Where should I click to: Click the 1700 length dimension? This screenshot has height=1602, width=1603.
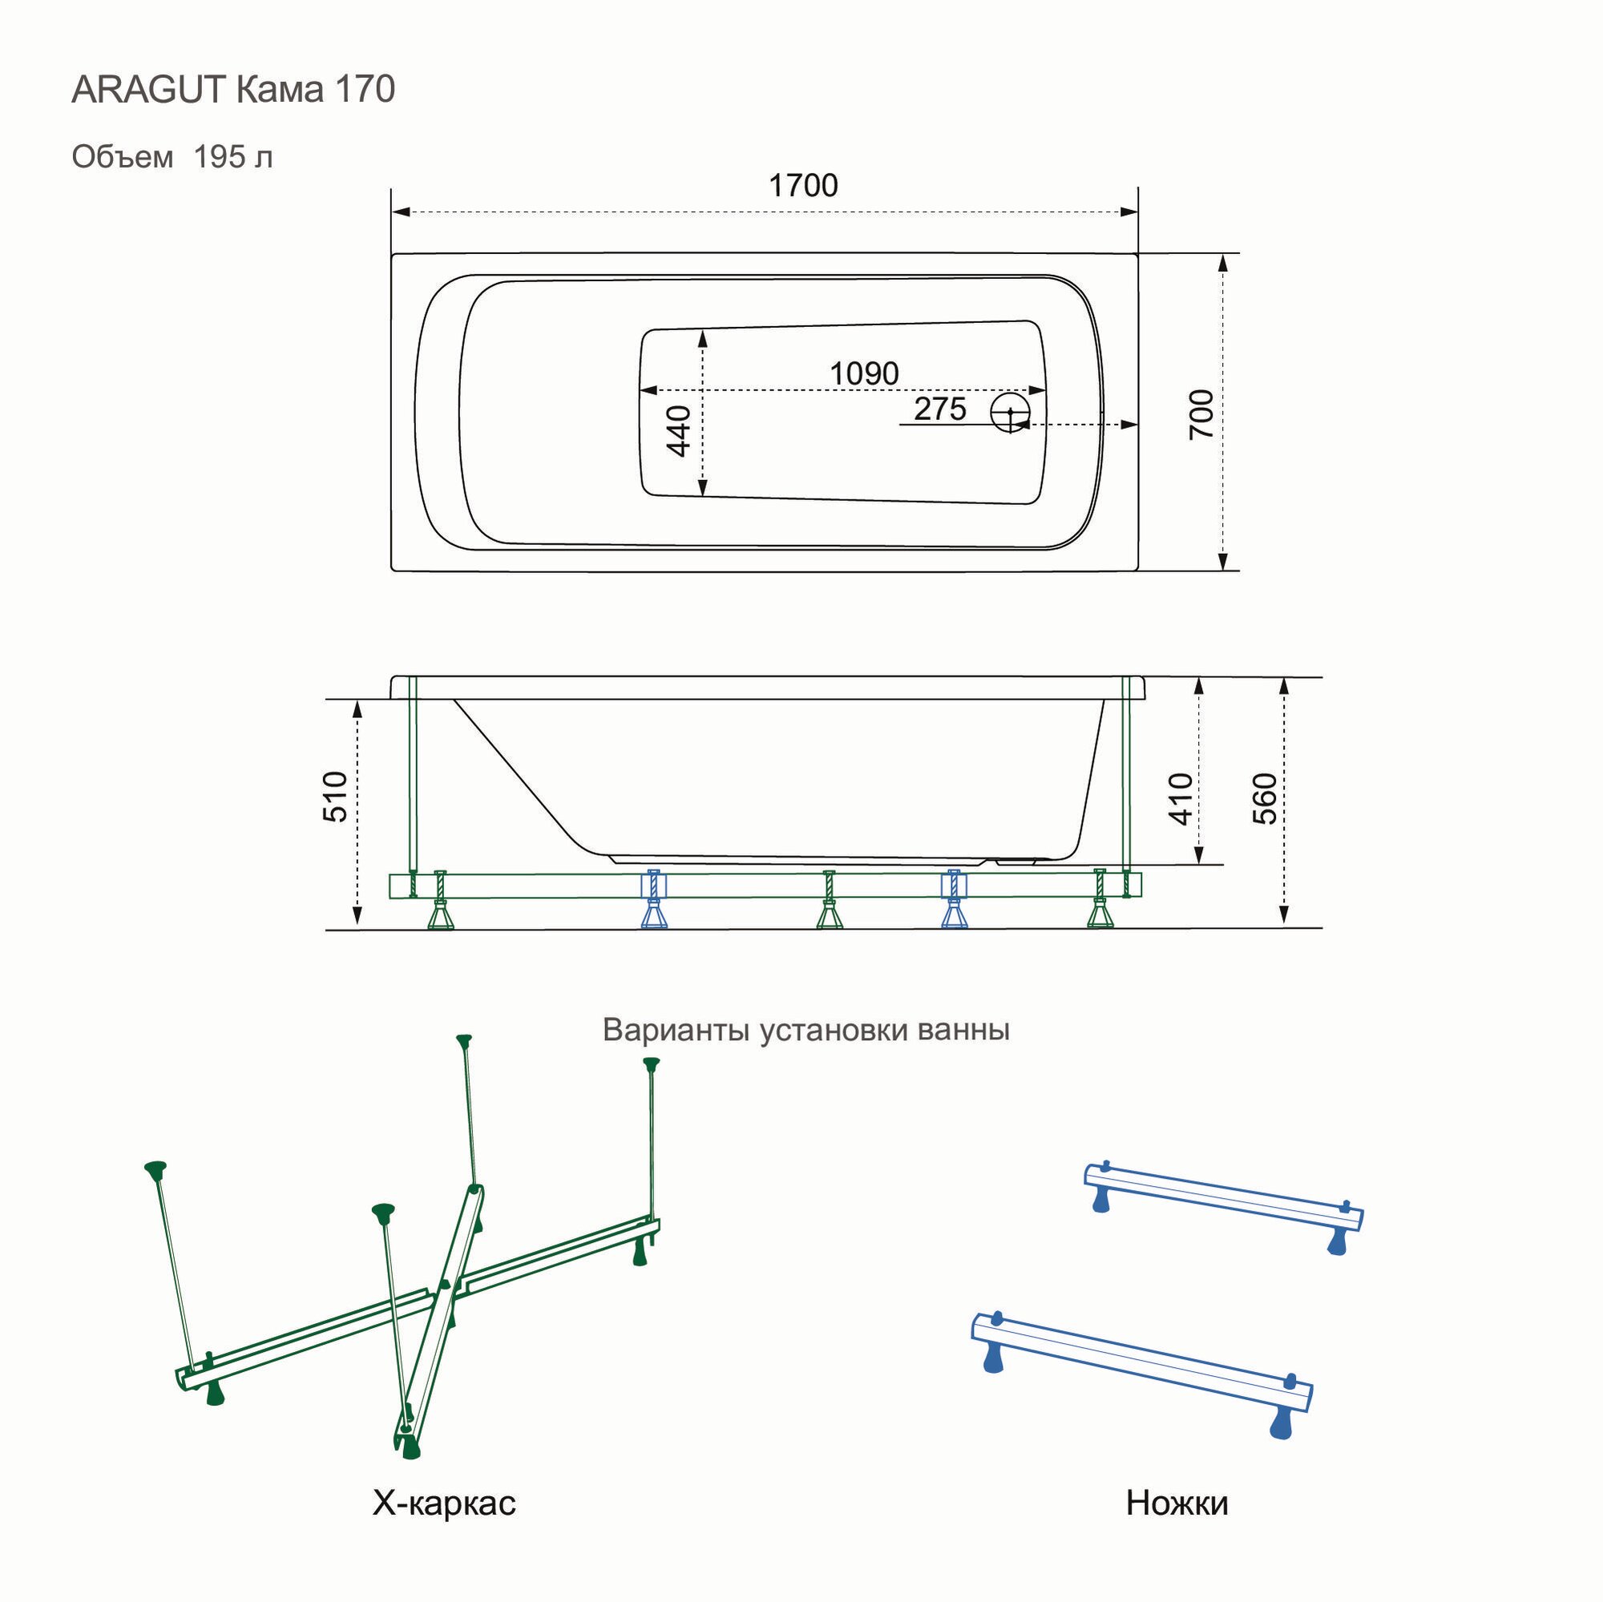click(802, 186)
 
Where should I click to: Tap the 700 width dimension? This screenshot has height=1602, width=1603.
click(1201, 414)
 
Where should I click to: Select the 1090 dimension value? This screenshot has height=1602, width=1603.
click(864, 373)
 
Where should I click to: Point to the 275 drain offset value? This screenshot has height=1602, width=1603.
click(939, 409)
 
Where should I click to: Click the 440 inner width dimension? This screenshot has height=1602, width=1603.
click(679, 430)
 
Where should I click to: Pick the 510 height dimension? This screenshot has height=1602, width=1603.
click(335, 797)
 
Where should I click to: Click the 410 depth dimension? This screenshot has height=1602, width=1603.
click(1180, 798)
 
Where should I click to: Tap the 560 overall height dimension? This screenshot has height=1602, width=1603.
click(1264, 798)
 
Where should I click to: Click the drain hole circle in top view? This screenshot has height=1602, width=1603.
click(1010, 411)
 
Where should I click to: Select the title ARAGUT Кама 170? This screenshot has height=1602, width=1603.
click(233, 90)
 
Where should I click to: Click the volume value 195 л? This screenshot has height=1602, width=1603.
click(233, 157)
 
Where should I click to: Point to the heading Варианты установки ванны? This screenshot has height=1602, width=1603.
click(806, 1030)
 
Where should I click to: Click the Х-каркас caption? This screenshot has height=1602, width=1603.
click(444, 1503)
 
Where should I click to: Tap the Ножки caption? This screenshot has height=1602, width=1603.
click(1177, 1503)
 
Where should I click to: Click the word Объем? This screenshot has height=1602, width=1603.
click(123, 157)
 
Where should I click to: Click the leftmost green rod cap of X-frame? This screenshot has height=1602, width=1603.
click(155, 1168)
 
